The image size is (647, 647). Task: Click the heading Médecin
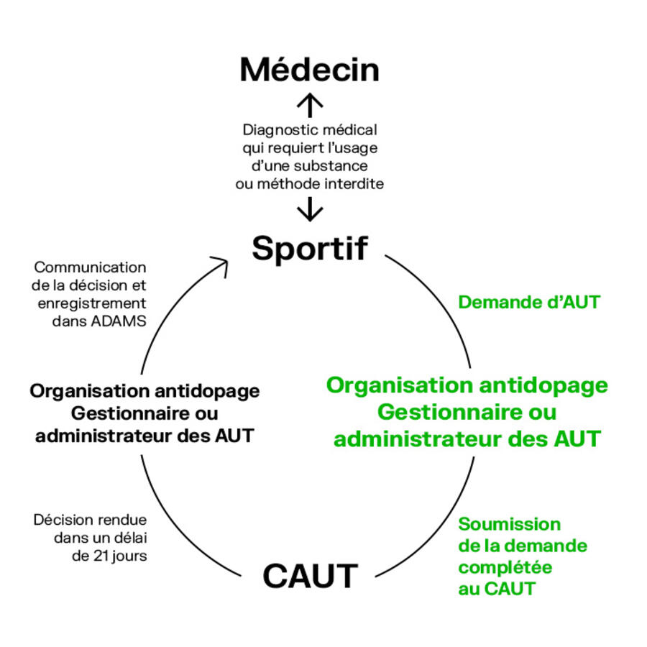click(x=309, y=70)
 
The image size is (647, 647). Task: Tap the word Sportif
click(x=310, y=248)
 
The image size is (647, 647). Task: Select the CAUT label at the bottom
click(x=310, y=576)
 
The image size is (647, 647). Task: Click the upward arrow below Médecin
click(x=310, y=106)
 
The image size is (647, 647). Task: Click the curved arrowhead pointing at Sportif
click(x=220, y=264)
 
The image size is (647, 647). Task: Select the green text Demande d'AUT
click(x=529, y=302)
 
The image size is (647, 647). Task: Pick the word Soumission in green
click(x=509, y=524)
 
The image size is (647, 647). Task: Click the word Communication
click(x=90, y=267)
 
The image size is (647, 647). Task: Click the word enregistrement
click(x=91, y=303)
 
